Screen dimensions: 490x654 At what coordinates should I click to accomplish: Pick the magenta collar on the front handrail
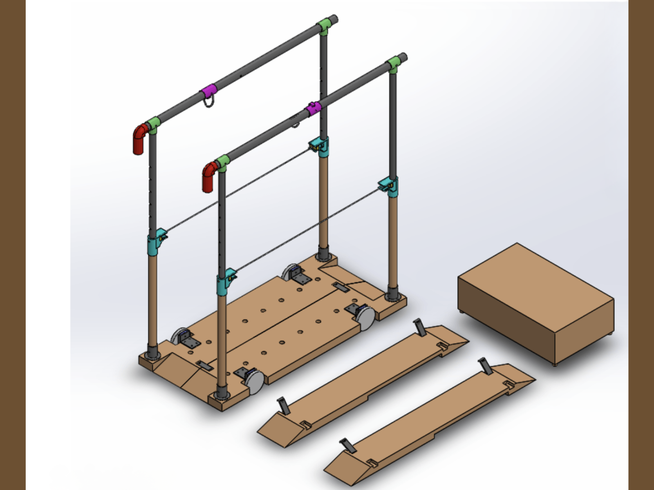[314, 109]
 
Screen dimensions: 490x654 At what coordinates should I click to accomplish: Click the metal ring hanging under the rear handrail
[209, 101]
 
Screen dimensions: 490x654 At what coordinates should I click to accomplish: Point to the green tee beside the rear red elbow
[154, 124]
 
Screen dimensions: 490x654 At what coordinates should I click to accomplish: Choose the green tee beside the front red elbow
[222, 162]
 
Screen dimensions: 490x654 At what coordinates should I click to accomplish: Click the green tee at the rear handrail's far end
[324, 27]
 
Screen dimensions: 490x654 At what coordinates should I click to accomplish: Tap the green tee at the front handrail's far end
[393, 64]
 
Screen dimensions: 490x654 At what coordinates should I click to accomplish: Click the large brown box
[535, 302]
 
